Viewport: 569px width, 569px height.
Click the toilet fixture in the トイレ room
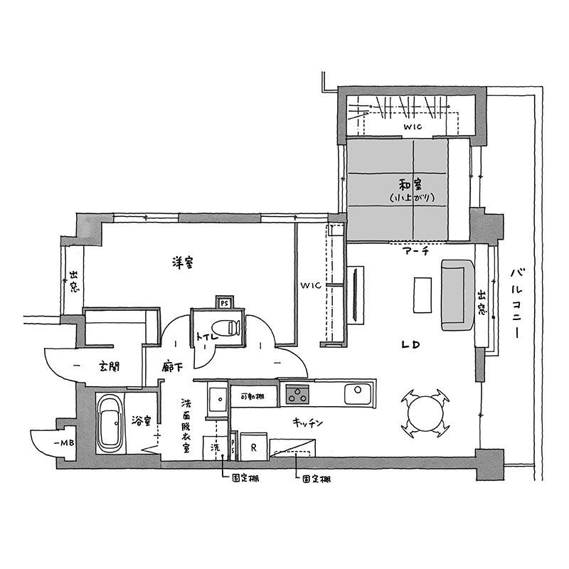click(x=225, y=328)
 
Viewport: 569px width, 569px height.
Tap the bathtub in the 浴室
click(x=110, y=423)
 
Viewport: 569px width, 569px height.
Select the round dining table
click(x=425, y=413)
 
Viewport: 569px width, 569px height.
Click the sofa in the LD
click(x=458, y=294)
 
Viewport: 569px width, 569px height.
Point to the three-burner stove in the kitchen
click(x=297, y=395)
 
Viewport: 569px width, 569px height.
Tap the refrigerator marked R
click(x=254, y=447)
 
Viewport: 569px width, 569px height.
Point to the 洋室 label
click(x=184, y=262)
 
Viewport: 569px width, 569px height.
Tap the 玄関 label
click(x=110, y=366)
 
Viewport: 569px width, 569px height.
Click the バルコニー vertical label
click(x=517, y=304)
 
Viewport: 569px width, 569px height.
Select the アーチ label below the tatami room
click(x=416, y=250)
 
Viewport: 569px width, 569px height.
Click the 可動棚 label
click(x=252, y=396)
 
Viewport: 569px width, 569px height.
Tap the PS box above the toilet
click(x=225, y=302)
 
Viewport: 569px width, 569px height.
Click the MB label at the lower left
click(x=66, y=442)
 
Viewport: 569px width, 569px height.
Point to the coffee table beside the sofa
click(x=422, y=294)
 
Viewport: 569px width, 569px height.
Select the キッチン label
click(x=308, y=422)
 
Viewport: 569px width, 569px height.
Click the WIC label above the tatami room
click(x=413, y=127)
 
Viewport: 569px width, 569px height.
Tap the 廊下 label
click(x=172, y=367)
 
